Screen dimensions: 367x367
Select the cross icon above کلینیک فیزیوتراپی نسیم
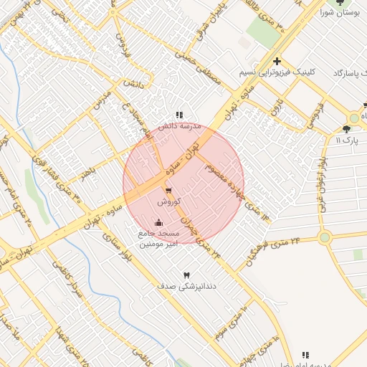pyautogui.click(x=277, y=62)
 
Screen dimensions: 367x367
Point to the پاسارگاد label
pyautogui.click(x=350, y=74)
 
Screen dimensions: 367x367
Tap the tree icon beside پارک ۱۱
pyautogui.click(x=348, y=129)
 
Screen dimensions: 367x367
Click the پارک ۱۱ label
pyautogui.click(x=348, y=140)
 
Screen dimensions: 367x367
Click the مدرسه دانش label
pyautogui.click(x=178, y=125)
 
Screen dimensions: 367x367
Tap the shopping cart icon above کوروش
pyautogui.click(x=168, y=191)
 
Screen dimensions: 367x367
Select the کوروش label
pyautogui.click(x=168, y=202)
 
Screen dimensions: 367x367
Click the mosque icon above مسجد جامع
pyautogui.click(x=158, y=222)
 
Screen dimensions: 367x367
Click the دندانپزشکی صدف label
pyautogui.click(x=186, y=286)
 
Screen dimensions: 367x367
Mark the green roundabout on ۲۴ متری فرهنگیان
pyautogui.click(x=325, y=237)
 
